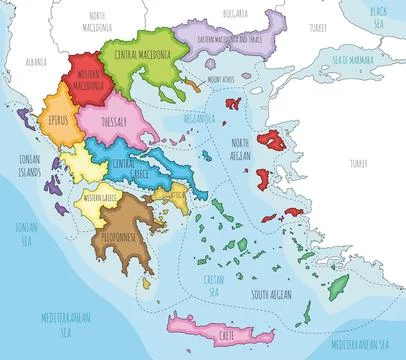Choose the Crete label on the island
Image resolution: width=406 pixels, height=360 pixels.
tap(203, 322)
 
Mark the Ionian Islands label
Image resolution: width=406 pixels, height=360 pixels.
tap(28, 166)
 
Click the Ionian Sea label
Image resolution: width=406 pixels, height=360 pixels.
tap(27, 233)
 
